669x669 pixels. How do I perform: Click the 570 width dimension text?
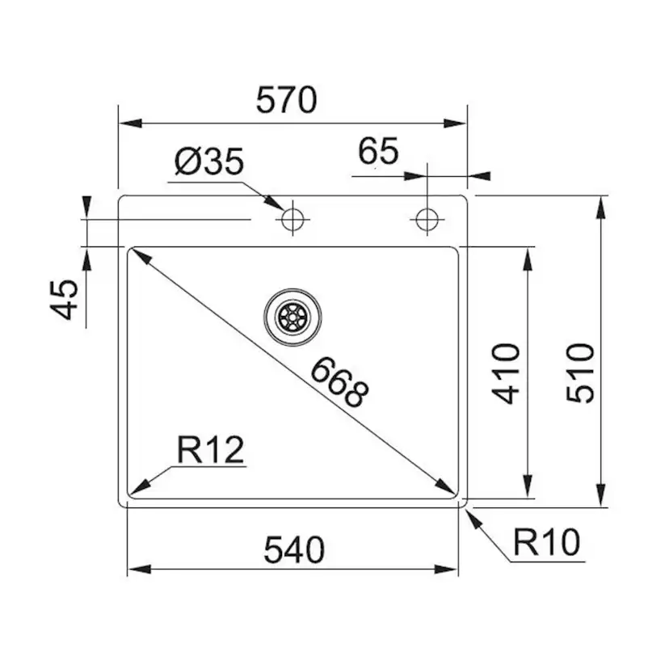point(285,102)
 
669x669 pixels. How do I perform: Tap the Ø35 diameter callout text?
point(208,163)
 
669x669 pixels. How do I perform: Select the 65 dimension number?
point(378,152)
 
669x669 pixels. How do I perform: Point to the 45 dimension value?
point(65,298)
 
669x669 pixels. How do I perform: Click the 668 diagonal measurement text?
point(339,381)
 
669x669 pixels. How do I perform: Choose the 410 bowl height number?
point(507,372)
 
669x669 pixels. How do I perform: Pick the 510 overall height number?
point(580,372)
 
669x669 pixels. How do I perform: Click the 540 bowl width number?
point(293,550)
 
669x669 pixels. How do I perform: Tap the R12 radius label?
point(210,450)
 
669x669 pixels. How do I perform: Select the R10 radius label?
point(547,543)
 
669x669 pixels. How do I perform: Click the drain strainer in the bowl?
point(292,317)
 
